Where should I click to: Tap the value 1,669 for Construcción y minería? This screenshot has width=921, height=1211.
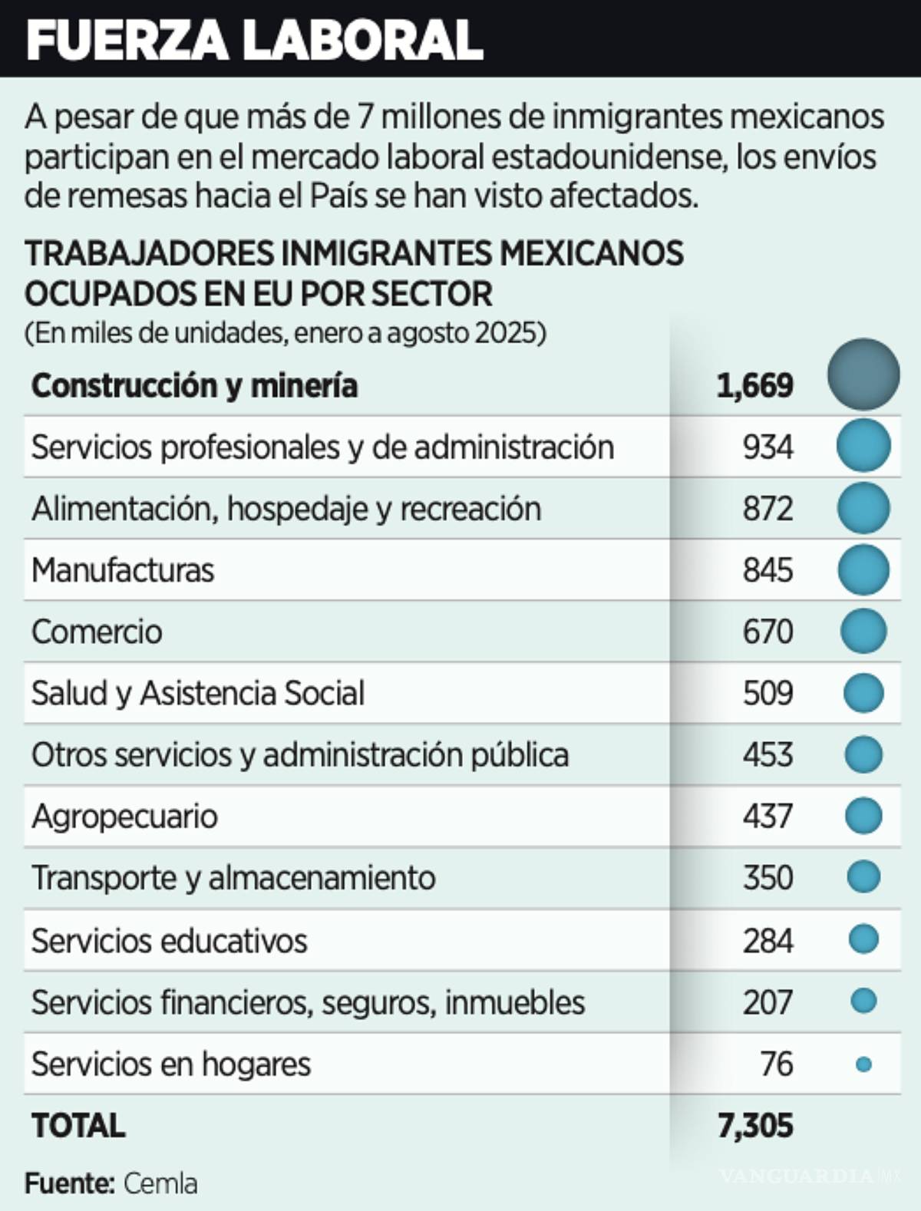[754, 385]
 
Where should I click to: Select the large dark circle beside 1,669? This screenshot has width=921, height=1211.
[863, 375]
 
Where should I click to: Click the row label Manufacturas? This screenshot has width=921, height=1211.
[123, 570]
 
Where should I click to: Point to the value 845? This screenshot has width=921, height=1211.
[767, 570]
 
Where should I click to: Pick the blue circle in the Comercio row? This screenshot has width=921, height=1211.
[863, 631]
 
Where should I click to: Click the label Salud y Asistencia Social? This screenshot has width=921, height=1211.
[198, 693]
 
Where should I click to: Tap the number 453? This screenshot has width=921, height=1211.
[767, 754]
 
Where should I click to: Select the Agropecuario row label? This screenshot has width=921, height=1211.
[124, 817]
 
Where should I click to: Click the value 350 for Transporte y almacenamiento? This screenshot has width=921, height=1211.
[767, 878]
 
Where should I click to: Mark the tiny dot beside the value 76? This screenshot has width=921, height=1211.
[863, 1064]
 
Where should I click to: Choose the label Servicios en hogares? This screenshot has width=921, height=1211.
[171, 1064]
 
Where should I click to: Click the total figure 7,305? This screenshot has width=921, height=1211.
[755, 1126]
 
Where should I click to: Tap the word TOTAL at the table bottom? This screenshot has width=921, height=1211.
[78, 1126]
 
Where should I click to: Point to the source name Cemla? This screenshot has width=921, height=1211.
[160, 1183]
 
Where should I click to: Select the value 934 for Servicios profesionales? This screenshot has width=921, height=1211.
[767, 447]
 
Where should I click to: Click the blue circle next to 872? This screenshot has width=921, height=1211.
[863, 508]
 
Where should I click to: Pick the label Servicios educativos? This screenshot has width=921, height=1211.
[169, 941]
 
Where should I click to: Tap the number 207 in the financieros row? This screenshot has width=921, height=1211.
[767, 1002]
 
